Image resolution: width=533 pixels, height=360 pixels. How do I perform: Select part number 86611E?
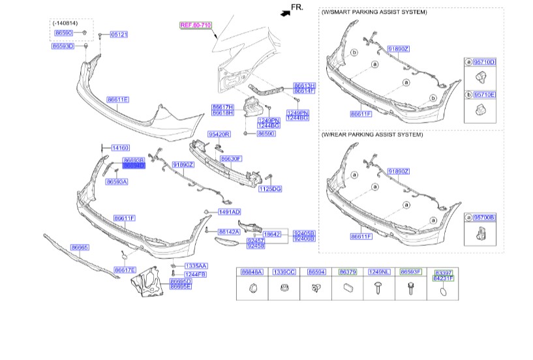click(117, 100)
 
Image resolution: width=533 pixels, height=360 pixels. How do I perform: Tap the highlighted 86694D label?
click(133, 166)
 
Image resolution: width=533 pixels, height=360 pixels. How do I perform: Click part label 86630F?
click(231, 158)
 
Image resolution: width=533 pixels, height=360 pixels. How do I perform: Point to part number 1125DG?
click(269, 188)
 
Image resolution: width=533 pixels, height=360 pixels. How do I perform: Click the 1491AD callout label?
click(229, 212)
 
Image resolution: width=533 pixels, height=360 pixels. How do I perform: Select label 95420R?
click(219, 134)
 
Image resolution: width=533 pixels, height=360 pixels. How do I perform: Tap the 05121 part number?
click(119, 34)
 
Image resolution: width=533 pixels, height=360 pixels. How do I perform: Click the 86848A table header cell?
click(251, 271)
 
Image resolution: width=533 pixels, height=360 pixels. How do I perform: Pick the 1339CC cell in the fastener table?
click(284, 271)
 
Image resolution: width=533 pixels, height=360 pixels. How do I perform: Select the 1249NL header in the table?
click(378, 271)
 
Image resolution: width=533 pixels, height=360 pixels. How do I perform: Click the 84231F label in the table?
click(443, 278)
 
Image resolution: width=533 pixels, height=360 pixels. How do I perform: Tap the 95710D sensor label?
click(485, 62)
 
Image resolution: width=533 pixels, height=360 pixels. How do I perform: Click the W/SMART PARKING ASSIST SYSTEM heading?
click(374, 12)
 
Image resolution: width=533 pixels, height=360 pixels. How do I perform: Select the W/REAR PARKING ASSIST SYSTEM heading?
click(372, 134)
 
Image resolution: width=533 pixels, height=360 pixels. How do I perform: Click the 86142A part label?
click(229, 232)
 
